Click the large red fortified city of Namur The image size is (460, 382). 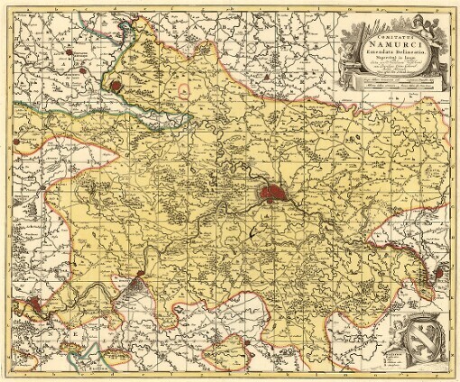(x=271, y=192)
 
